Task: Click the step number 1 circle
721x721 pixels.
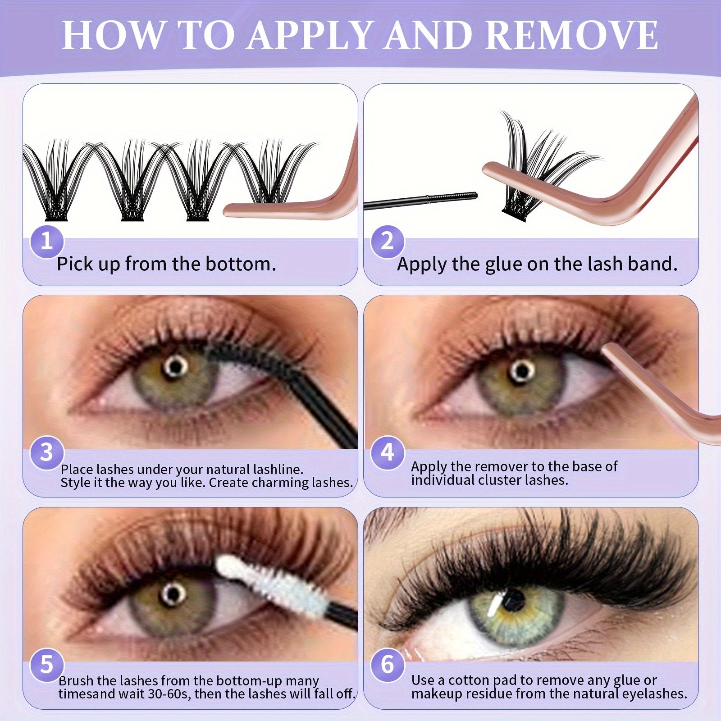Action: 47,242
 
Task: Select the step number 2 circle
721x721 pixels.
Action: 388,242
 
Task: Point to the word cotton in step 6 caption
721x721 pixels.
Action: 469,680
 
